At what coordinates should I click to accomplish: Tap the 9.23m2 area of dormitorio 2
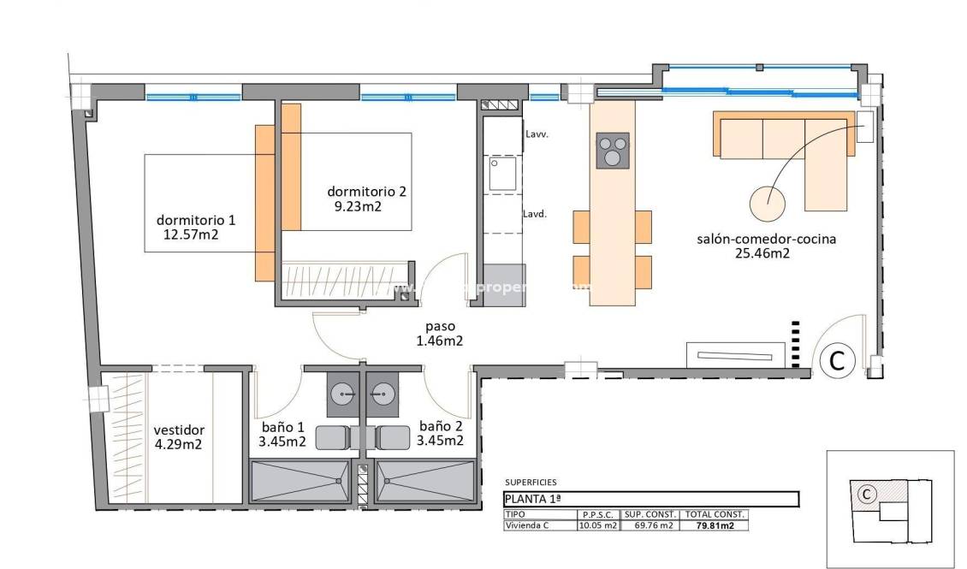point(358,206)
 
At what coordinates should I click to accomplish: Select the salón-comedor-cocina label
point(765,239)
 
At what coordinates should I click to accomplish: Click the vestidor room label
point(179,430)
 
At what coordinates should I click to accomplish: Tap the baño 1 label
point(282,426)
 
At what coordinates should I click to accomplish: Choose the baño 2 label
point(441,426)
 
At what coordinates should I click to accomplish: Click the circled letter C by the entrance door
point(836,361)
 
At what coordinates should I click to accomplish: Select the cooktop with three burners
point(612,151)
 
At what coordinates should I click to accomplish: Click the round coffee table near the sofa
point(768,203)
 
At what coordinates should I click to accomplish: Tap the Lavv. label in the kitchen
point(537,134)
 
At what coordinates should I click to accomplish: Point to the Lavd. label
point(536,215)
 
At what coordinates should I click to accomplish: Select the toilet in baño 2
point(391,437)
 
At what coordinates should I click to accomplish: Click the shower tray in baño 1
point(300,481)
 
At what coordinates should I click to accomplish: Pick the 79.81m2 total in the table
point(715,525)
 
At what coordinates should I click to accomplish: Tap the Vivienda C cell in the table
point(527,525)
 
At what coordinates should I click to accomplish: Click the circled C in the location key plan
point(866,494)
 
